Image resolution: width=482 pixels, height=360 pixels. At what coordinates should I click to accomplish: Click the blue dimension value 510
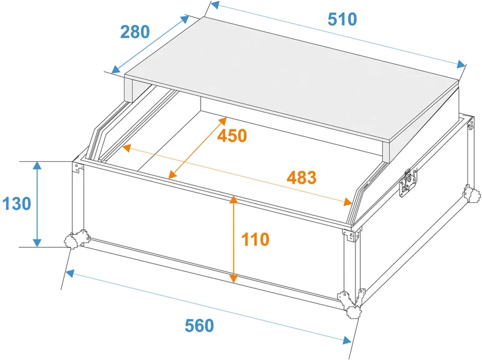pos(342,19)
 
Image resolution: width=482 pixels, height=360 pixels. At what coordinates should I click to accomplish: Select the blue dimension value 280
pos(134,32)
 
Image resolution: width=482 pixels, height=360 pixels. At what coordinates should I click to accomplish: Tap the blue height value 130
pos(17,203)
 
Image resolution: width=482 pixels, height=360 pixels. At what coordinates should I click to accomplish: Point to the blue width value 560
pos(199,326)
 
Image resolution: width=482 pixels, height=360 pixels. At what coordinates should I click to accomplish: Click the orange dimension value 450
pos(232,135)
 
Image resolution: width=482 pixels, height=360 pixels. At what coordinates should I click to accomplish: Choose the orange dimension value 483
pos(302,178)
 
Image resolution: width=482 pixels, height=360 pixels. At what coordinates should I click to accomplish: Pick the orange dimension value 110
pos(255,239)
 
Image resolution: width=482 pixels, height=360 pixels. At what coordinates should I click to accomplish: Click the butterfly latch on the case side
pos(408,182)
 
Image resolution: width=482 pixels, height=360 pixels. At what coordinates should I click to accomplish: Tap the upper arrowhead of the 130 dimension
pos(37,166)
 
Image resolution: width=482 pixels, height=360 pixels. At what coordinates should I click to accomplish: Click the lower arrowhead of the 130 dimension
pos(37,243)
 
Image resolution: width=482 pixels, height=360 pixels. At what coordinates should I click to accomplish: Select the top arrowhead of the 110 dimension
pos(234,199)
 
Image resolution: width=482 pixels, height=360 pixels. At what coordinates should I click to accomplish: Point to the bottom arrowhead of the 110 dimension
pos(234,278)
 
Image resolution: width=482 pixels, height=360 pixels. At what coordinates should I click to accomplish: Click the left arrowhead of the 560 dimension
pos(70,273)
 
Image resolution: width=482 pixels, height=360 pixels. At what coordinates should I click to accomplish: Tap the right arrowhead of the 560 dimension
pos(347,340)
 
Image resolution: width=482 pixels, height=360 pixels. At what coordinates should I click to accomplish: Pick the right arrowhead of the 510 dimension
pos(461,64)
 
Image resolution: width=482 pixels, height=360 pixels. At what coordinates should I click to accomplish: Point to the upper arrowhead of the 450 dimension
pos(223,121)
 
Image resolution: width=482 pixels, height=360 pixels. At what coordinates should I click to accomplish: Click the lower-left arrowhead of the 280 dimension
pos(116,70)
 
